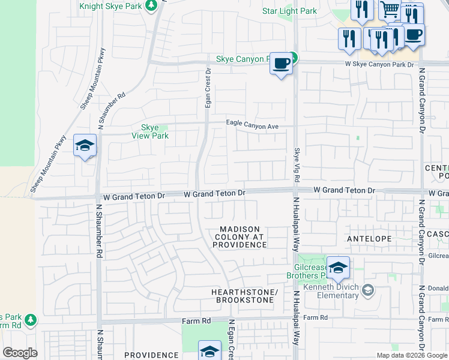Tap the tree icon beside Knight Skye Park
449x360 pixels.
point(152,5)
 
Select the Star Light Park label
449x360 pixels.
point(289,11)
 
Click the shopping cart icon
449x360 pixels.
point(390,9)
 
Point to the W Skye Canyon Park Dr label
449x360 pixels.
point(379,64)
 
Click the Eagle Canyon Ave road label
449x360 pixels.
point(253,124)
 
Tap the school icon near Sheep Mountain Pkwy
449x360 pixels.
point(85,145)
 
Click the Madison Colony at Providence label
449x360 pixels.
point(240,237)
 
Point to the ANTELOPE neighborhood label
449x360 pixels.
point(369,239)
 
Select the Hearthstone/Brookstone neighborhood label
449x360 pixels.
point(245,296)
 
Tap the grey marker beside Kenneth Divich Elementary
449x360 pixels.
point(368,291)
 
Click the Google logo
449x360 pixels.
point(20,353)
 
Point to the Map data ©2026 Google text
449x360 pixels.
point(412,355)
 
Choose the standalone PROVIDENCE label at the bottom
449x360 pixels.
point(151,355)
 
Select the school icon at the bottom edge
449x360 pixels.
point(209,351)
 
